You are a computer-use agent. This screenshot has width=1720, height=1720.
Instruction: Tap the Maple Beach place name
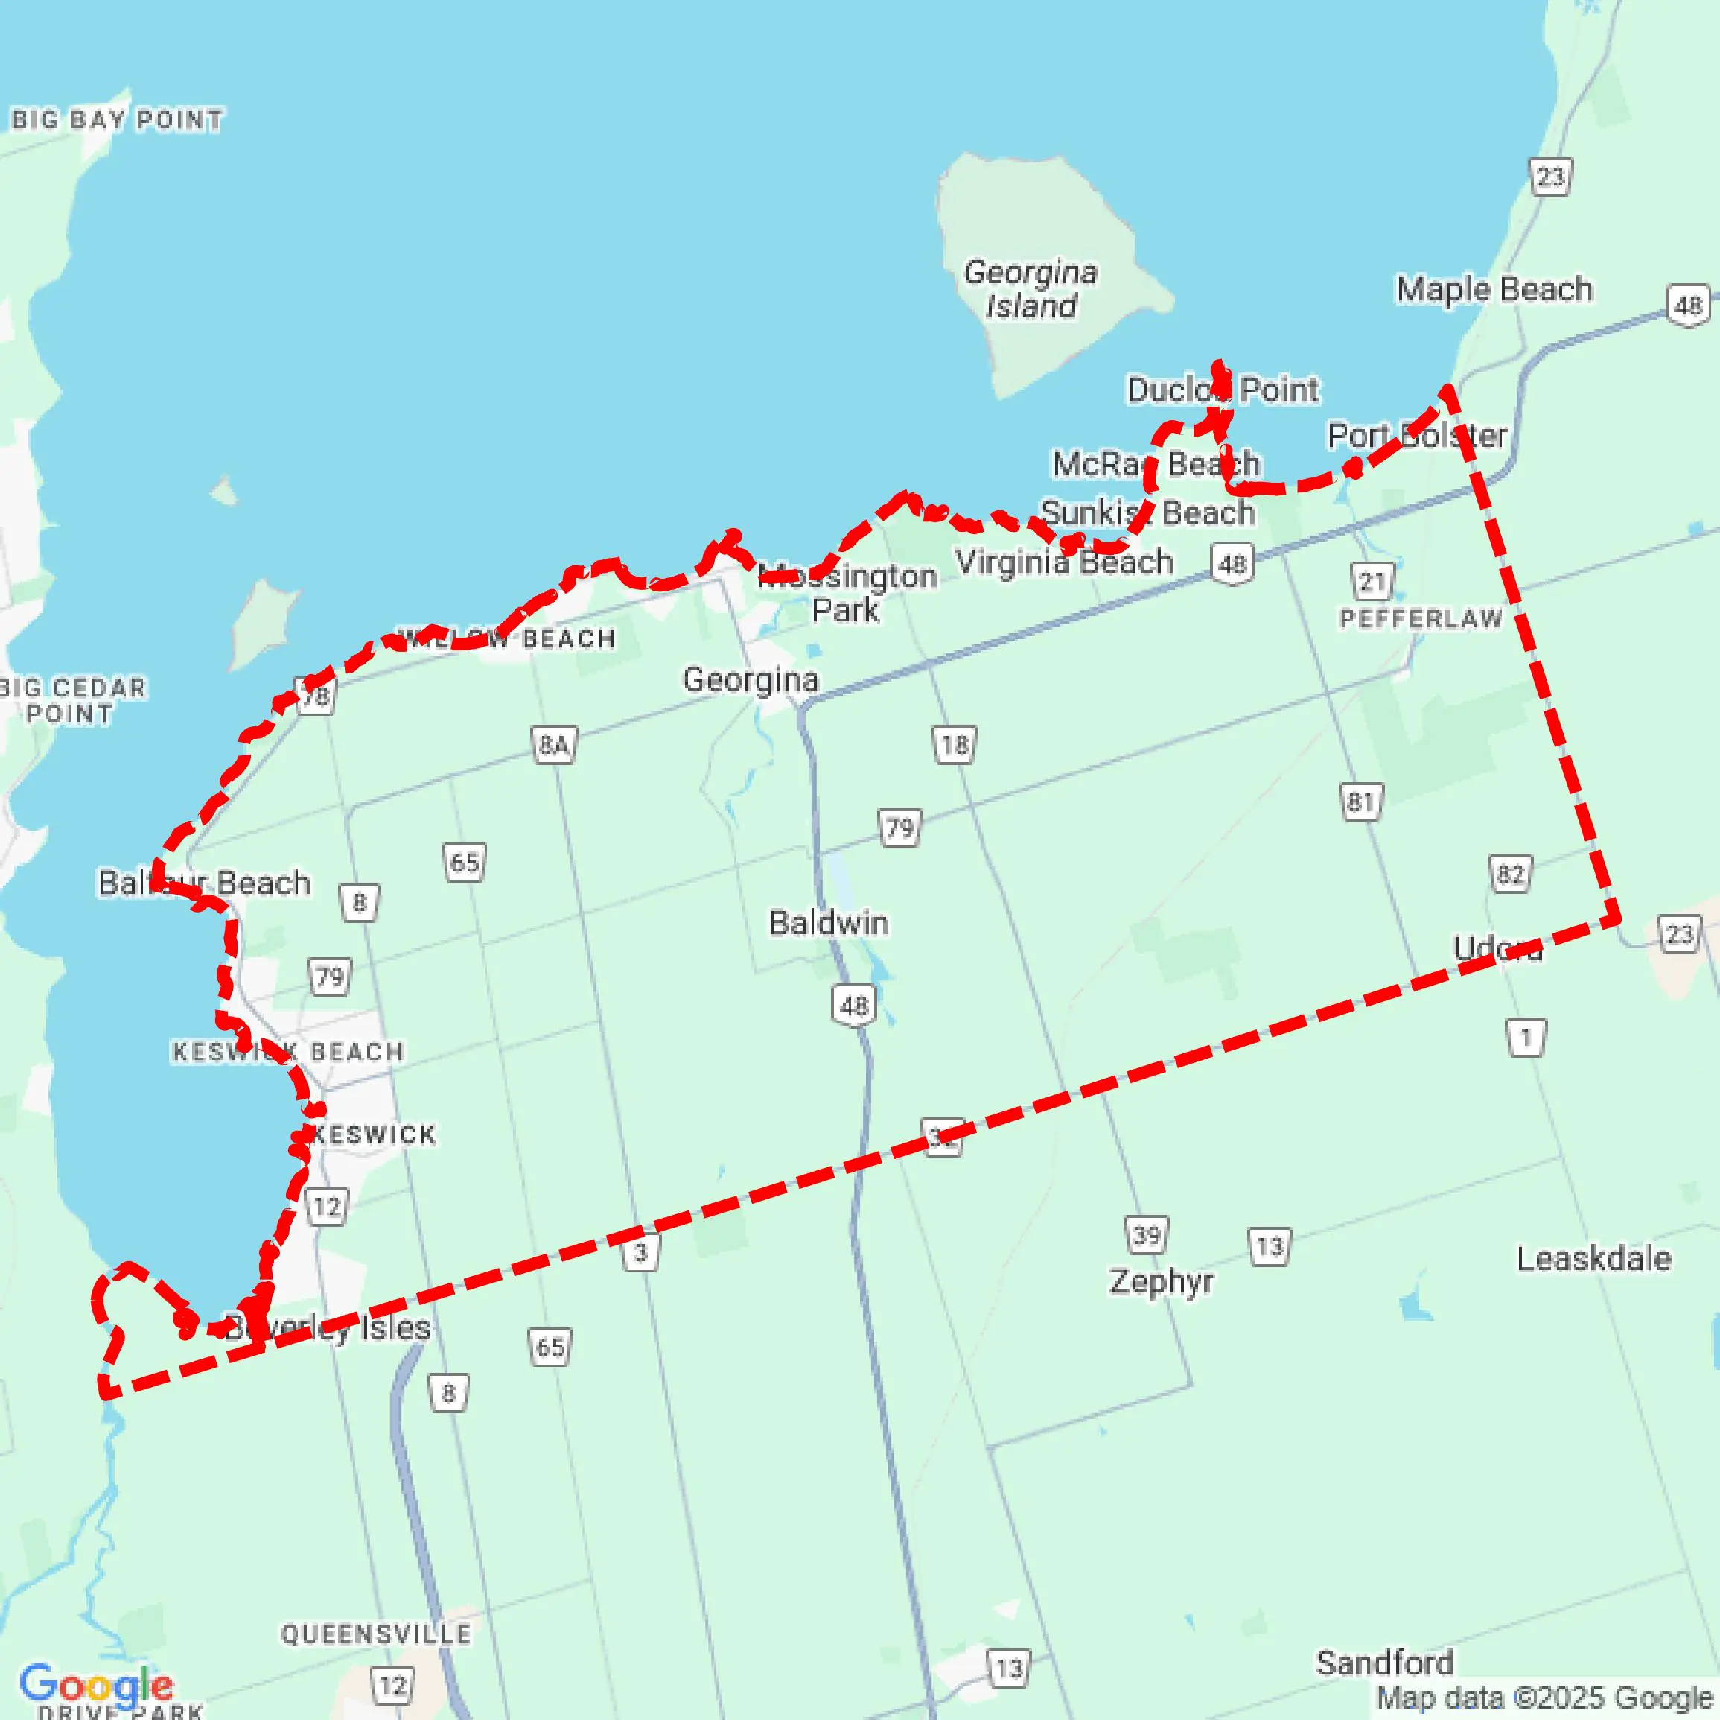click(x=1494, y=290)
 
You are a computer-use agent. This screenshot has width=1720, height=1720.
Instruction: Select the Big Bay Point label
click(x=117, y=119)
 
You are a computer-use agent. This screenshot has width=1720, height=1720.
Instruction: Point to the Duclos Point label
click(x=1223, y=390)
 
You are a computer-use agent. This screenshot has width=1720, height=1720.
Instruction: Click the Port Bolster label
click(x=1416, y=436)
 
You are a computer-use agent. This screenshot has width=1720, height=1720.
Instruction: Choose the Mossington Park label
click(x=847, y=593)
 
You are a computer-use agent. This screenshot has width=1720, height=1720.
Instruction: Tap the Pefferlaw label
click(x=1421, y=618)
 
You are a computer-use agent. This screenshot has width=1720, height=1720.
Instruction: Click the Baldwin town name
click(x=828, y=923)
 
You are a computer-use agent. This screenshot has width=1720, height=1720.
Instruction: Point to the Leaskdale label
click(x=1593, y=1259)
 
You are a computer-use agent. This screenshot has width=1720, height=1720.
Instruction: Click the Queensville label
click(x=376, y=1634)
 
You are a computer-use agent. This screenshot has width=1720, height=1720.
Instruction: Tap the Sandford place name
click(x=1384, y=1662)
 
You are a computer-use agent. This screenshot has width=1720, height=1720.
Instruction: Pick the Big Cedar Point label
click(x=71, y=700)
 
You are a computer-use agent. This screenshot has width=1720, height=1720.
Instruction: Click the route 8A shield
click(x=554, y=745)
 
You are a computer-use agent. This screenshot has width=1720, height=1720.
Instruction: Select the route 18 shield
click(x=955, y=745)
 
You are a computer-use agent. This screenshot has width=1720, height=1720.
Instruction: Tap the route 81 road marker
click(x=1360, y=802)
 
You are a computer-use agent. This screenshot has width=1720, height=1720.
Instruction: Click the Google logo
click(x=96, y=1684)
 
